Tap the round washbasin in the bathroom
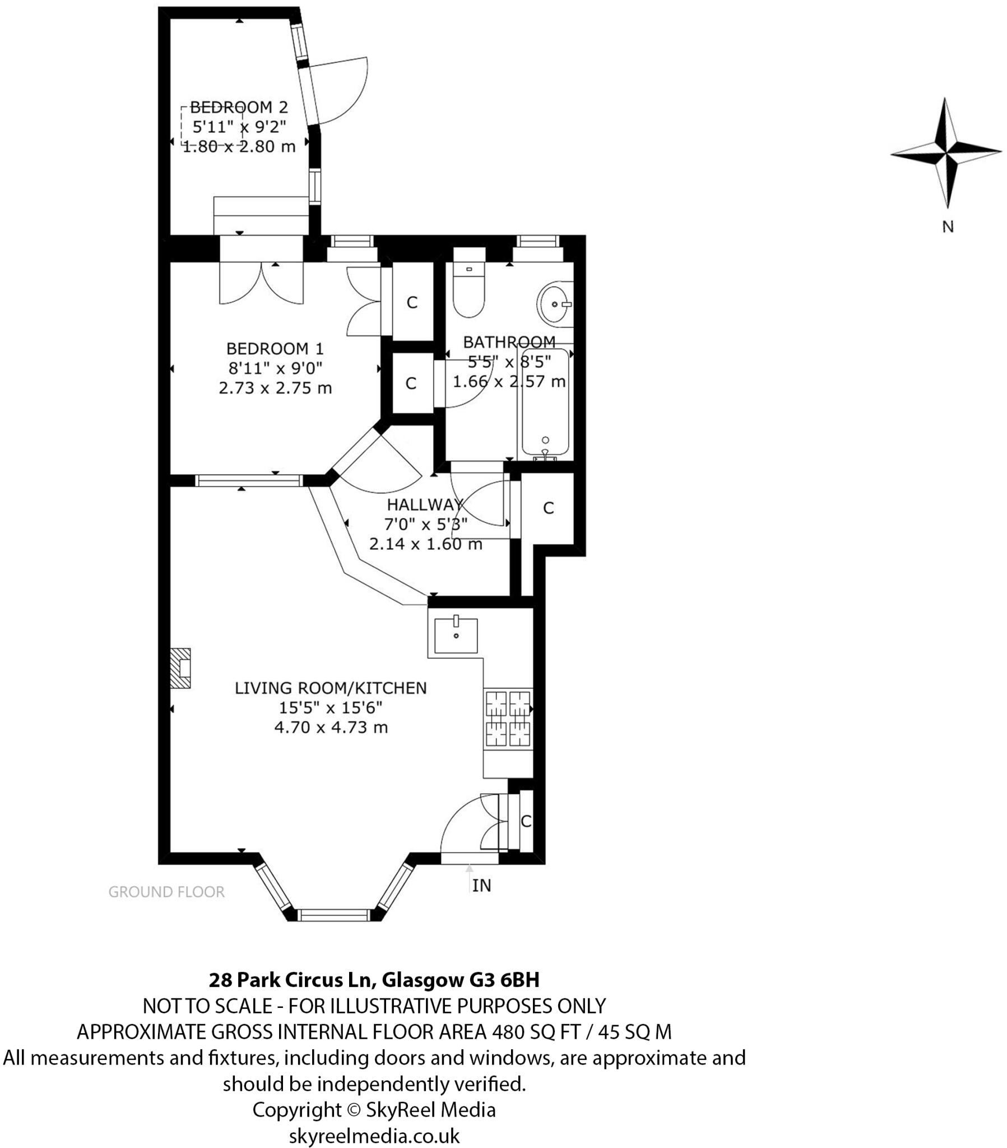pyautogui.click(x=554, y=304)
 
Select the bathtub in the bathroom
pyautogui.click(x=545, y=403)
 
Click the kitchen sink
pyautogui.click(x=456, y=635)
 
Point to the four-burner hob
pyautogui.click(x=508, y=719)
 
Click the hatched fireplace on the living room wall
pyautogui.click(x=180, y=668)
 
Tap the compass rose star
pyautogui.click(x=946, y=152)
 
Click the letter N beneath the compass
pyautogui.click(x=948, y=227)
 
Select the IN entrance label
pyautogui.click(x=481, y=886)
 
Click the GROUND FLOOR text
pyautogui.click(x=166, y=892)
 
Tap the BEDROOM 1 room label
pyautogui.click(x=275, y=349)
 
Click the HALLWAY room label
pyautogui.click(x=425, y=504)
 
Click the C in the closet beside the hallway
pyautogui.click(x=548, y=508)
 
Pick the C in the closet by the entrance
pyautogui.click(x=526, y=821)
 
